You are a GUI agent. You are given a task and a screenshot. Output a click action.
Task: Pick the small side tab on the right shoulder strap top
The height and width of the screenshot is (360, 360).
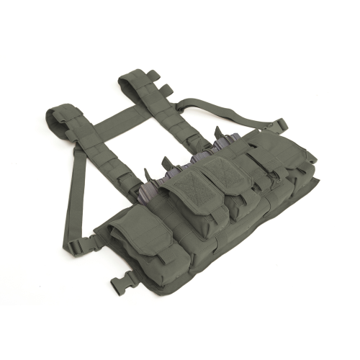[165, 89]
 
